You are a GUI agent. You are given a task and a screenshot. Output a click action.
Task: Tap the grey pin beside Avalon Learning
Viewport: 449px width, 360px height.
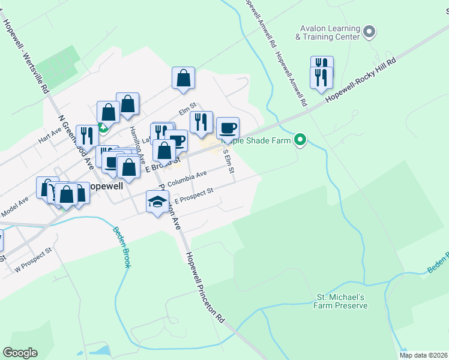click(369, 31)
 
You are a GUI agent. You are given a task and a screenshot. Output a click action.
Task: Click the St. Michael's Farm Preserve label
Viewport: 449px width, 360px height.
click(340, 301)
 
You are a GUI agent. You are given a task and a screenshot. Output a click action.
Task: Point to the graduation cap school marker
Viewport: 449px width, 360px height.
click(157, 202)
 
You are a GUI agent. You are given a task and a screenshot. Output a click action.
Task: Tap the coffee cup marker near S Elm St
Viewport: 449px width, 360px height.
click(228, 128)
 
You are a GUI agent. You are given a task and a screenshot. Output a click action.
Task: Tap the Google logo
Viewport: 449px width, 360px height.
click(20, 352)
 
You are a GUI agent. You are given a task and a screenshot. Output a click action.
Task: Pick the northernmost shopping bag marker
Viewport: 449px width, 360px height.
click(183, 79)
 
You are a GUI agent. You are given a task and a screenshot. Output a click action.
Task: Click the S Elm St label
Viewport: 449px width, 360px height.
click(228, 160)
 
